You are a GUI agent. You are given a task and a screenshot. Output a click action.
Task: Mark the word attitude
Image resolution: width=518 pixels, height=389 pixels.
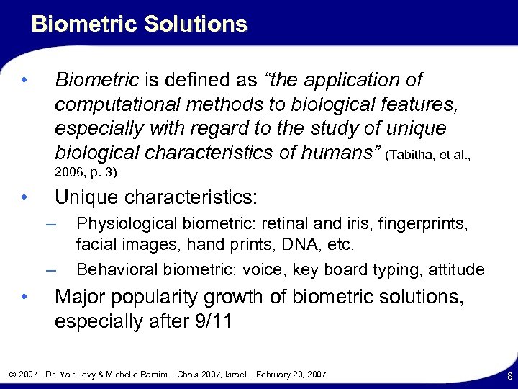click(456, 269)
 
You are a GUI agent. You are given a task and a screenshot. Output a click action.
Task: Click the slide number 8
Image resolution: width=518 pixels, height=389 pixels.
click(508, 376)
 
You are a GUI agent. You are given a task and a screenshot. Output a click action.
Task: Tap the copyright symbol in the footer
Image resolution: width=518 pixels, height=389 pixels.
click(14, 375)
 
